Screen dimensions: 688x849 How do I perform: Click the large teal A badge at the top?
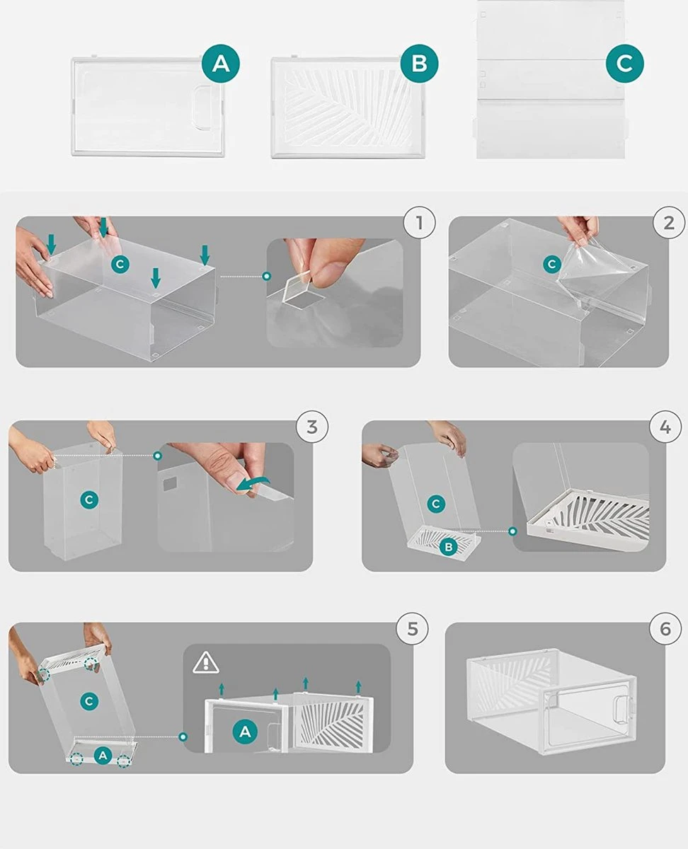221,64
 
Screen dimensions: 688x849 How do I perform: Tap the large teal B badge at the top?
419,64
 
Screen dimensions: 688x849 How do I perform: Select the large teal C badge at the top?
624,64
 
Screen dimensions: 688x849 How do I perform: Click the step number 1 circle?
419,223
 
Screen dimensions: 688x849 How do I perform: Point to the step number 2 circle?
669,223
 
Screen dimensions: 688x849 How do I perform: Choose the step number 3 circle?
312,427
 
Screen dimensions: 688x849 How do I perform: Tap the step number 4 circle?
665,427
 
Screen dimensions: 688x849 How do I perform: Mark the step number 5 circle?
412,629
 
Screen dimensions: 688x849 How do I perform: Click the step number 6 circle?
665,629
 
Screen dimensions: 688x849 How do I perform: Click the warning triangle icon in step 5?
205,663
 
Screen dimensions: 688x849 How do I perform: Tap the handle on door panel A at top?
203,107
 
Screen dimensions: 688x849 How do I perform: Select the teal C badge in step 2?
552,265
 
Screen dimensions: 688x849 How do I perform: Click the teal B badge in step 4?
448,547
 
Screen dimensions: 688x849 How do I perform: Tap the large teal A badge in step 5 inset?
245,732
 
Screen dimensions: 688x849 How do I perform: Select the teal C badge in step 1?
120,265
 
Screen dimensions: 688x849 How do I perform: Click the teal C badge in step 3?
89,499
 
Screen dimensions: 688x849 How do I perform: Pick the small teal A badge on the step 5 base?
103,756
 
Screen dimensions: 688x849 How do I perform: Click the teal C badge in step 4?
435,504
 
